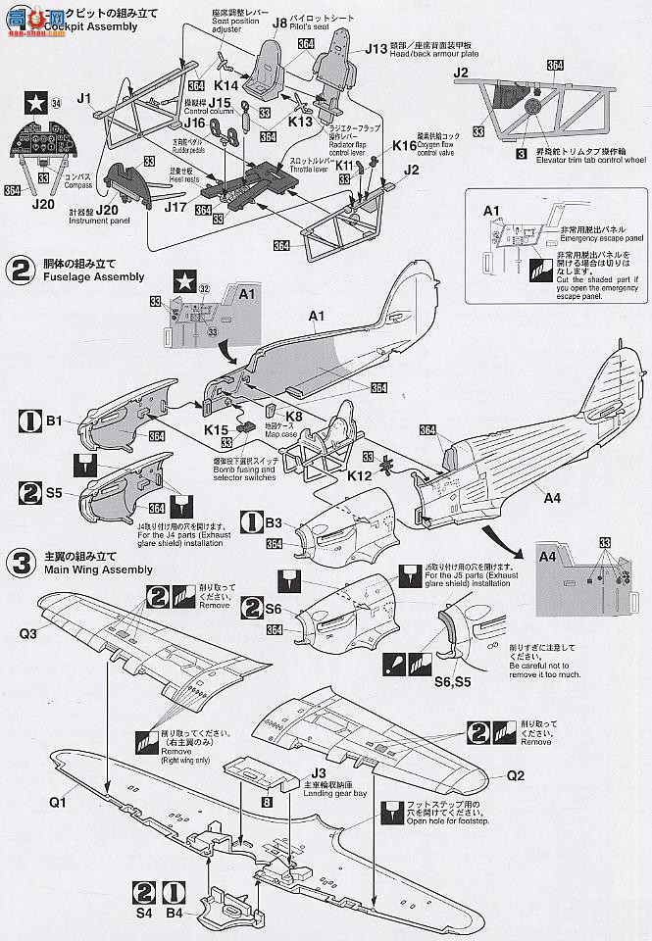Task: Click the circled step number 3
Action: coord(17,562)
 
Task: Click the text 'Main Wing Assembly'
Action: coord(92,570)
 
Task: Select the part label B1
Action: coord(55,422)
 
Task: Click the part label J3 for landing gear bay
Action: coord(320,773)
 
